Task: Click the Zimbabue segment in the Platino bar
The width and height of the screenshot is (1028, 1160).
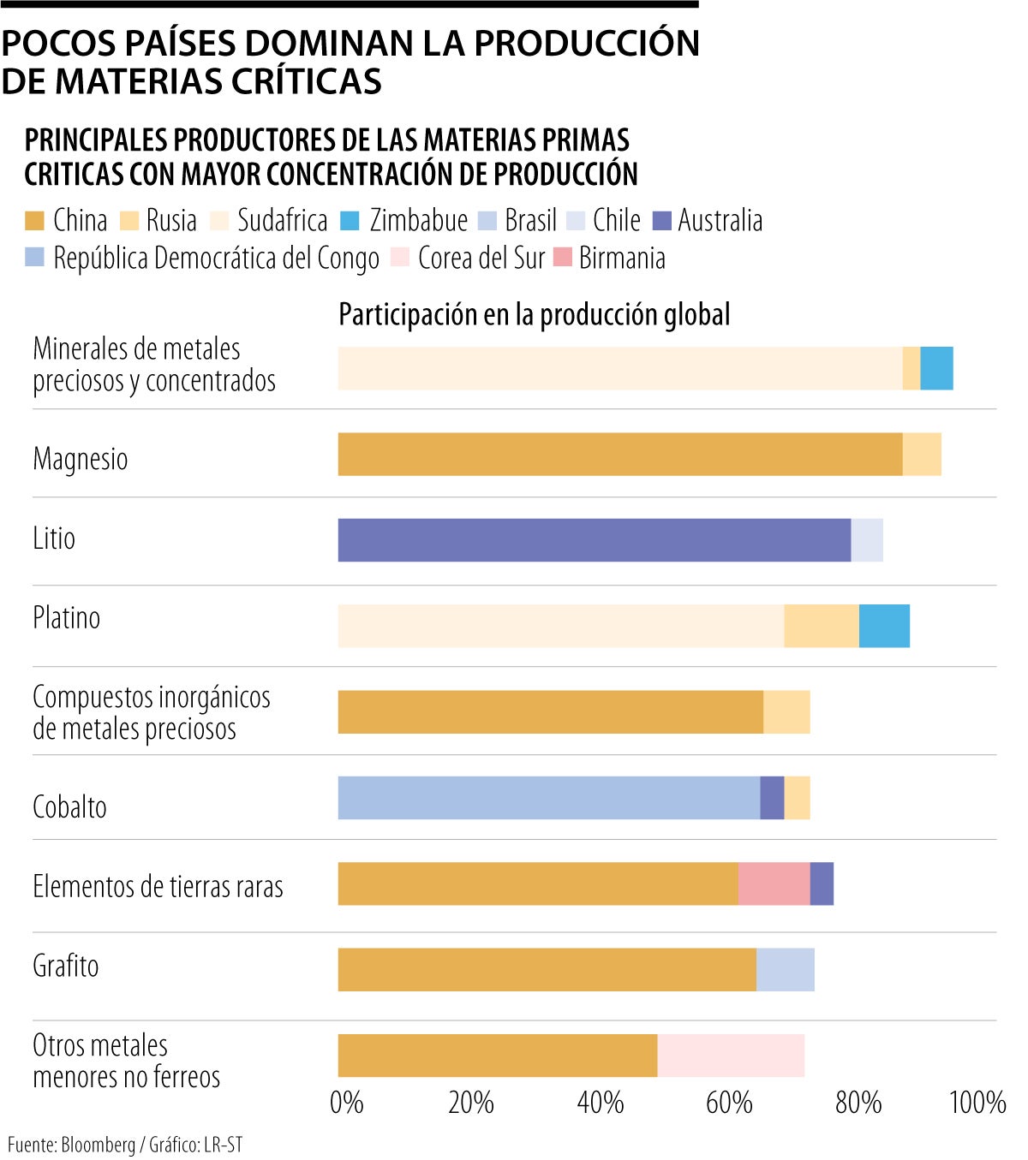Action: tap(884, 626)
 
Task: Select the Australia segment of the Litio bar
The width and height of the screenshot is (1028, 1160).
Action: tap(594, 540)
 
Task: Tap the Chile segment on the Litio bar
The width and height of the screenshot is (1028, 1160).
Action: tap(867, 540)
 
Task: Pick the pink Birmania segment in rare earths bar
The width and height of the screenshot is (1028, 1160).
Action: tap(774, 883)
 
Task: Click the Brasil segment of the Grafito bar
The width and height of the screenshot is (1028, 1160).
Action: tap(785, 969)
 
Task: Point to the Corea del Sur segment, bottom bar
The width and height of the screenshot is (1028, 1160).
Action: tap(731, 1056)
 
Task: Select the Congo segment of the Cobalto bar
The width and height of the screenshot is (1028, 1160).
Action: tap(548, 798)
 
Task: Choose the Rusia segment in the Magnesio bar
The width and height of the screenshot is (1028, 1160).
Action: tap(922, 455)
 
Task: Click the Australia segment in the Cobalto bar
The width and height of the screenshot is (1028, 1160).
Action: tap(772, 798)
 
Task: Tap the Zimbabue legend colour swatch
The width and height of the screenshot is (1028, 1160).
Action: tap(350, 221)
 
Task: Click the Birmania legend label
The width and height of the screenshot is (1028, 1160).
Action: tap(622, 259)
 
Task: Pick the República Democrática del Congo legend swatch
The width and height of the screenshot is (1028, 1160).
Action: tap(34, 257)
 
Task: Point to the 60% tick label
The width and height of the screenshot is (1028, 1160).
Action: tap(729, 1103)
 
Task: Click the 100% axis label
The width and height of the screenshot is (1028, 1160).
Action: tap(977, 1103)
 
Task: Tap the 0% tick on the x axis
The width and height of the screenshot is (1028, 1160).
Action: tap(346, 1103)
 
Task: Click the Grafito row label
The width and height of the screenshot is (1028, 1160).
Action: tap(66, 967)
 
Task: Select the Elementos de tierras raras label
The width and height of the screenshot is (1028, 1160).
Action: tap(158, 887)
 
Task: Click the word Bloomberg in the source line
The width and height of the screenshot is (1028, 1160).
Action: tap(98, 1145)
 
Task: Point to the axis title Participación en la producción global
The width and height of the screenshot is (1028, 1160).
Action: tap(535, 315)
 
